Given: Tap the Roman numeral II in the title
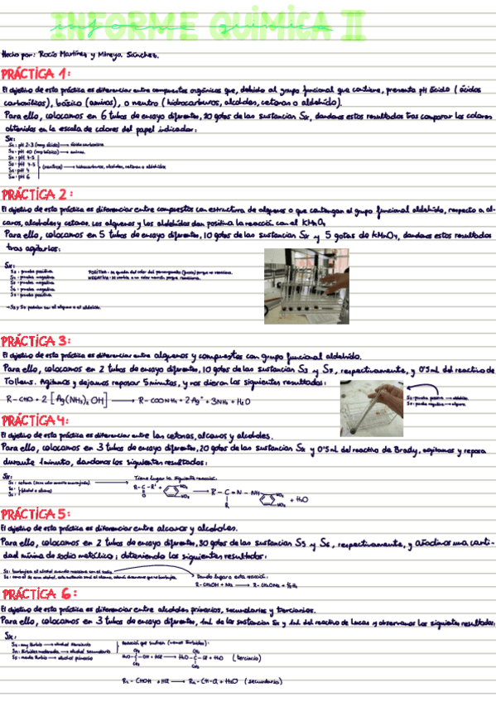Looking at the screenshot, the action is pos(350,26).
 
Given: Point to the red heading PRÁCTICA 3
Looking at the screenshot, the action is pos(36,341).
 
